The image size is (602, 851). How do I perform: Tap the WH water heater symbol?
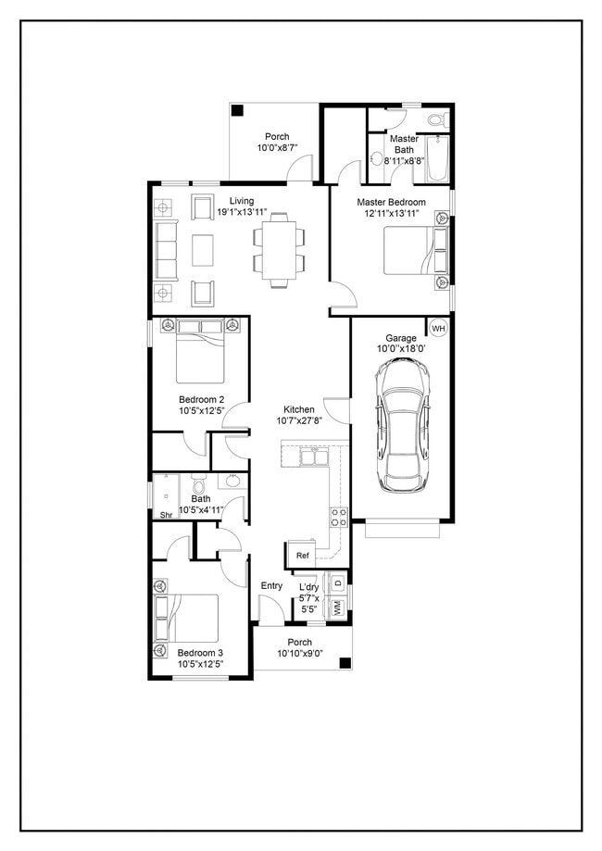click(x=437, y=328)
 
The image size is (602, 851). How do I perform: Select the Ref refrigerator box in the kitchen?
click(x=302, y=555)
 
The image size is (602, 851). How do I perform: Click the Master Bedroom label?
click(x=391, y=202)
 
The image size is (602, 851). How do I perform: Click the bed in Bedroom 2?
click(x=200, y=357)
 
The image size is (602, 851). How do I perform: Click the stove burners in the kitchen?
click(x=338, y=516)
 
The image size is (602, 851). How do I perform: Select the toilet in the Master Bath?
click(x=438, y=120)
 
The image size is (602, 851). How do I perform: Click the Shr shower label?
click(x=167, y=515)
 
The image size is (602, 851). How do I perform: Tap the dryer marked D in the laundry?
click(x=337, y=583)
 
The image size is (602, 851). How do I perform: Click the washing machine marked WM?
click(x=337, y=608)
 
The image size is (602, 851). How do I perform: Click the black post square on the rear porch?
click(x=237, y=111)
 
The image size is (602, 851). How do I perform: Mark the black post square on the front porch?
click(x=345, y=663)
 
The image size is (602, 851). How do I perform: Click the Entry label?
click(x=271, y=585)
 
